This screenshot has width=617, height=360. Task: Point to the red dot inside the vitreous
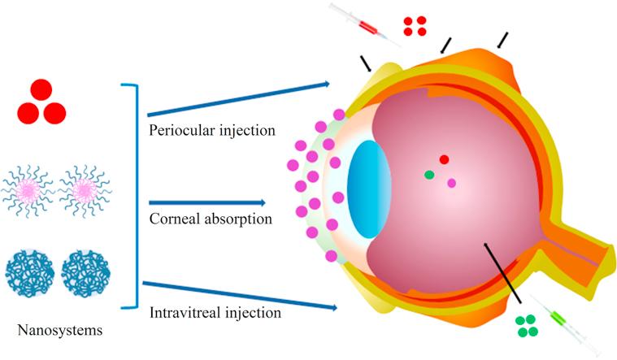coord(444,160)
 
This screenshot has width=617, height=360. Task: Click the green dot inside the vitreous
coord(429,175)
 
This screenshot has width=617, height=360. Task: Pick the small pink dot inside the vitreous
coord(451,183)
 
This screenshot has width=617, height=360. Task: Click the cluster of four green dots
coord(527,326)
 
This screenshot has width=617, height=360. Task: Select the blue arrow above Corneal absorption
coord(207,202)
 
